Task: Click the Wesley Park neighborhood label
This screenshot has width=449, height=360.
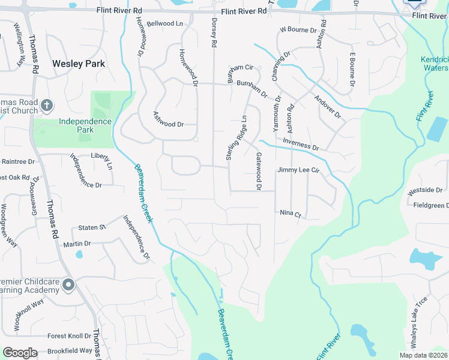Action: click(x=79, y=64)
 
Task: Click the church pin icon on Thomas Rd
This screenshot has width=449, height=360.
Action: click(x=47, y=107)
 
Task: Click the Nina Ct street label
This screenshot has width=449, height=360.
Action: click(x=289, y=213)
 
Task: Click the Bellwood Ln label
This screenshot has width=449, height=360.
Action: click(x=164, y=23)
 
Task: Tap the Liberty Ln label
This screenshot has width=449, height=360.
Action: click(x=102, y=161)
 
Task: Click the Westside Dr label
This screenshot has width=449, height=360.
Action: click(x=424, y=190)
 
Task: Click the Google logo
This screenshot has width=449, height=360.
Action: click(x=20, y=353)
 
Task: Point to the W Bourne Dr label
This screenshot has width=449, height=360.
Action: click(x=298, y=29)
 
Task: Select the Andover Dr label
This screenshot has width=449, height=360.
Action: click(x=327, y=106)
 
